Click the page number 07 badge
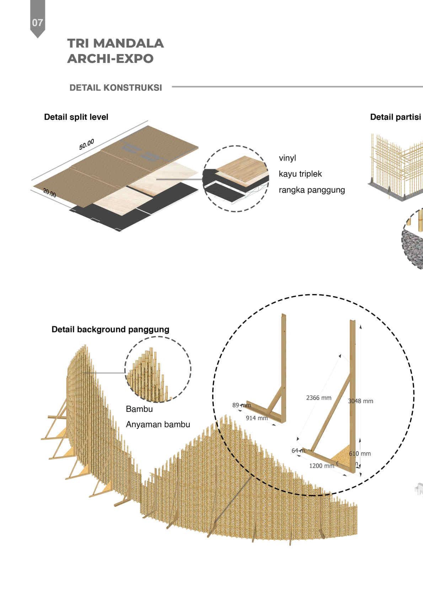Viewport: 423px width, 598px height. [x=37, y=22]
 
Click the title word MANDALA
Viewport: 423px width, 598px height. [x=129, y=43]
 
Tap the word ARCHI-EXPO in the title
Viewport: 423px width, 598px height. [x=110, y=59]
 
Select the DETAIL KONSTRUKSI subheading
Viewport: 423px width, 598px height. [x=116, y=88]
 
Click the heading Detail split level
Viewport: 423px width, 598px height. [x=76, y=117]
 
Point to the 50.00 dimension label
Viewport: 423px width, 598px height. [x=86, y=144]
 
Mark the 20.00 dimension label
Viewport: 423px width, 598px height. [x=50, y=193]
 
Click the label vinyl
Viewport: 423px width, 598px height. [x=287, y=158]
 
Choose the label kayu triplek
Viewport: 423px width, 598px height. [x=300, y=174]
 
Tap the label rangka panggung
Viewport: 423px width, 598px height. [x=311, y=190]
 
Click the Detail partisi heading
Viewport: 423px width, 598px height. [x=395, y=117]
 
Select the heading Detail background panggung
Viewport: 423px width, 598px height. [x=110, y=330]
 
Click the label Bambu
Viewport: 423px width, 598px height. [x=139, y=409]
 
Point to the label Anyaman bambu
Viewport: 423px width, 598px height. [x=158, y=425]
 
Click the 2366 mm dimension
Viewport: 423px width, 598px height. [x=318, y=398]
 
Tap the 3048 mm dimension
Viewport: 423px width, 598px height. [x=360, y=401]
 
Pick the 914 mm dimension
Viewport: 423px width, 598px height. [x=257, y=418]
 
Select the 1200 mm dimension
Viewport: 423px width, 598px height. [x=321, y=466]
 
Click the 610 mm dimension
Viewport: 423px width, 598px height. [x=360, y=453]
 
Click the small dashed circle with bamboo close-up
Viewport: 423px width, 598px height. [x=158, y=369]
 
